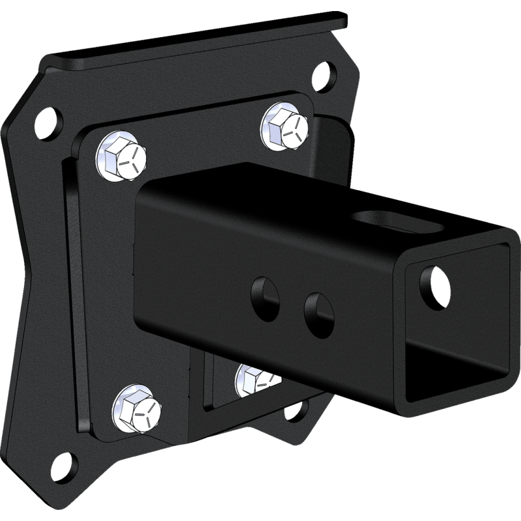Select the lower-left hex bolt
[137, 409]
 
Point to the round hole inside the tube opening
[436, 280]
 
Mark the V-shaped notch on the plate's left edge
[26, 260]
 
